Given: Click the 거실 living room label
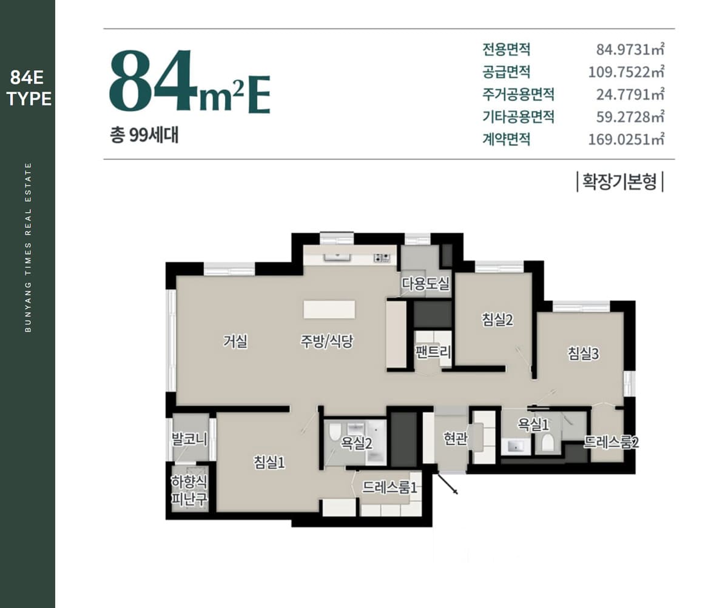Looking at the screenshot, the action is click(x=235, y=341).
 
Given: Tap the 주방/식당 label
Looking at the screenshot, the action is click(x=327, y=341).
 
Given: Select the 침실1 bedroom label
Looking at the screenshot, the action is click(x=269, y=463).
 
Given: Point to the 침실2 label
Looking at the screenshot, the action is click(x=497, y=319).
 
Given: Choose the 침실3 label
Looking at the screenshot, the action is click(x=583, y=353).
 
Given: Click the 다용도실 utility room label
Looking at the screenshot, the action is click(x=426, y=284).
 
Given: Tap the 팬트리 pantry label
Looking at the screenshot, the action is click(x=433, y=352).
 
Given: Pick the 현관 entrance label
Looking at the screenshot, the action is click(x=455, y=438).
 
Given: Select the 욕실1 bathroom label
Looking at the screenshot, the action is click(x=533, y=424).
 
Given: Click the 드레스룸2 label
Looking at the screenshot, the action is click(x=612, y=443).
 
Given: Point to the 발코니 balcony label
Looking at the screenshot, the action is click(x=189, y=439).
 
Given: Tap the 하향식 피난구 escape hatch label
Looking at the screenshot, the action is click(x=189, y=490).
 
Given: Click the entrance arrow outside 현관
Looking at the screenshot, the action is click(x=447, y=483).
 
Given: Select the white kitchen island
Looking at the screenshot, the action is click(x=329, y=309).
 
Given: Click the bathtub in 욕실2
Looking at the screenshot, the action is click(x=376, y=443).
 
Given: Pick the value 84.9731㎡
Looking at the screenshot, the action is click(x=630, y=50).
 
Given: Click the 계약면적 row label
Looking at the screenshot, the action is click(x=506, y=139).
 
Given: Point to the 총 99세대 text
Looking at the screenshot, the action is click(x=144, y=136).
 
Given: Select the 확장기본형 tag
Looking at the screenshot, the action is click(x=620, y=181).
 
